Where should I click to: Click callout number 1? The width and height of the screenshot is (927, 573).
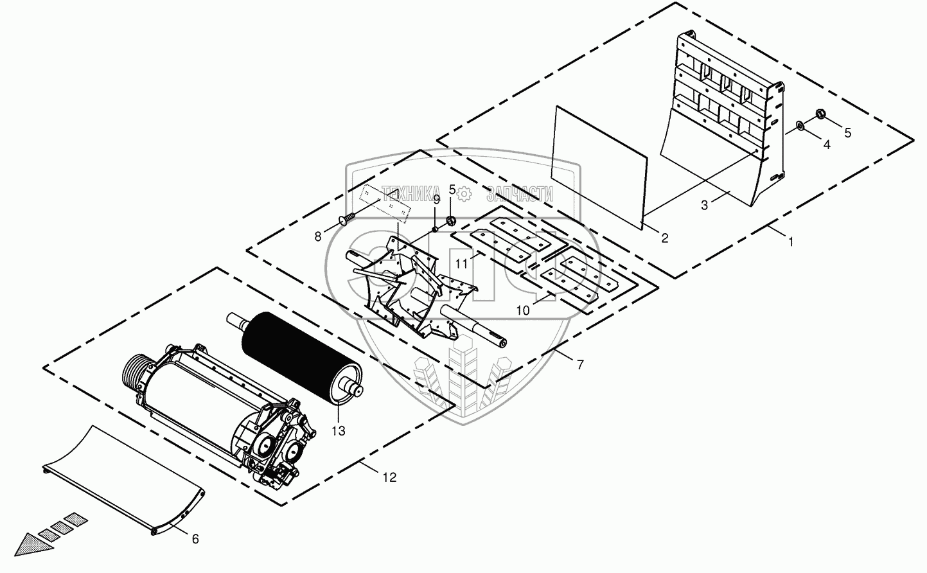[791, 242]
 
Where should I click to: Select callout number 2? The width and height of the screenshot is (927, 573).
[664, 238]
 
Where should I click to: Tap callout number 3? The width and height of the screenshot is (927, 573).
[705, 206]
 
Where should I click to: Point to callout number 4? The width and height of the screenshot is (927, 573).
[827, 145]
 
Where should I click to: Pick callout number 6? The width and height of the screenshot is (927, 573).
[196, 540]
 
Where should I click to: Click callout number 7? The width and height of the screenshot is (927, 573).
[580, 365]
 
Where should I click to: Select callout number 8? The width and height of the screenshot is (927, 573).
[317, 236]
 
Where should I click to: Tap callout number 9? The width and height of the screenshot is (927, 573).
[436, 200]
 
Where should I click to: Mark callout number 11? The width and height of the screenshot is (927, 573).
[461, 263]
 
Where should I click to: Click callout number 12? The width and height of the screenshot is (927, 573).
[389, 477]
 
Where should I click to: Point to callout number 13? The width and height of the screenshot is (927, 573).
[338, 430]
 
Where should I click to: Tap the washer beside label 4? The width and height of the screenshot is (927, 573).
[800, 125]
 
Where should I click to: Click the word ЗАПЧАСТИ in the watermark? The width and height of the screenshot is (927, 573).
[520, 191]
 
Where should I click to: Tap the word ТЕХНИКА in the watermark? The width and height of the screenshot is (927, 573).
[411, 191]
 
